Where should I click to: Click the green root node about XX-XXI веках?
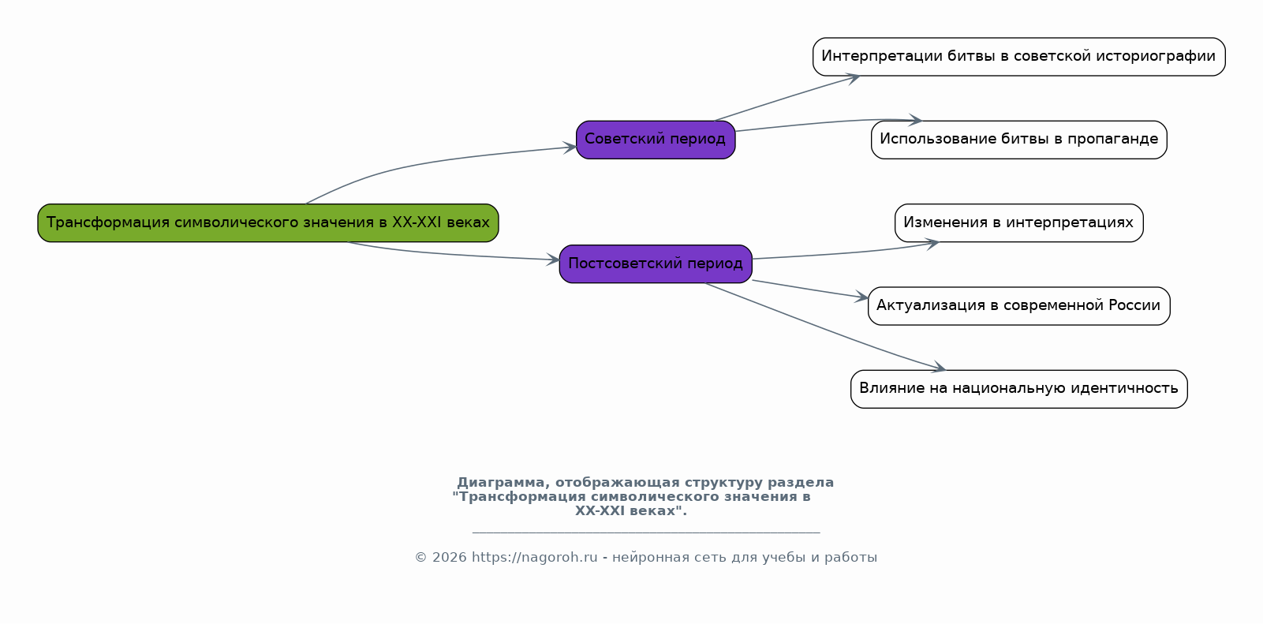pyautogui.click(x=267, y=222)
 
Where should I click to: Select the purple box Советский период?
pyautogui.click(x=656, y=139)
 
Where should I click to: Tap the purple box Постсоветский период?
pyautogui.click(x=656, y=263)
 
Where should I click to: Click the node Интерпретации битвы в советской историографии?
pyautogui.click(x=1019, y=56)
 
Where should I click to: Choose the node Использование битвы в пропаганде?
pyautogui.click(x=1019, y=139)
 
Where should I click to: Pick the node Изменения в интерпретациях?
pyautogui.click(x=1019, y=222)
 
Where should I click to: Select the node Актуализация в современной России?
pyautogui.click(x=1019, y=305)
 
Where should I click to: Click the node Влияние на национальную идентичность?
pyautogui.click(x=1019, y=389)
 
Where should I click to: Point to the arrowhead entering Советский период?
pyautogui.click(x=570, y=147)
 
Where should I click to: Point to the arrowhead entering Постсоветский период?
pyautogui.click(x=552, y=260)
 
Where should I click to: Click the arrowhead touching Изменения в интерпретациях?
pyautogui.click(x=932, y=244)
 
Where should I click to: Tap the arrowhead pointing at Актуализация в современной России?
pyautogui.click(x=861, y=297)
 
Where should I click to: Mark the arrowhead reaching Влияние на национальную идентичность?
pyautogui.click(x=938, y=367)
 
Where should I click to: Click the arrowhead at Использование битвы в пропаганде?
pyautogui.click(x=914, y=119)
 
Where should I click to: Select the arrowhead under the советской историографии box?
pyautogui.click(x=853, y=78)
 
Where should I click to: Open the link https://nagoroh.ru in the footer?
pyautogui.click(x=535, y=558)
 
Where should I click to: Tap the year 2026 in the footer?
pyautogui.click(x=450, y=558)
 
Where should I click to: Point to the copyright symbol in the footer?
pyautogui.click(x=421, y=558)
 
